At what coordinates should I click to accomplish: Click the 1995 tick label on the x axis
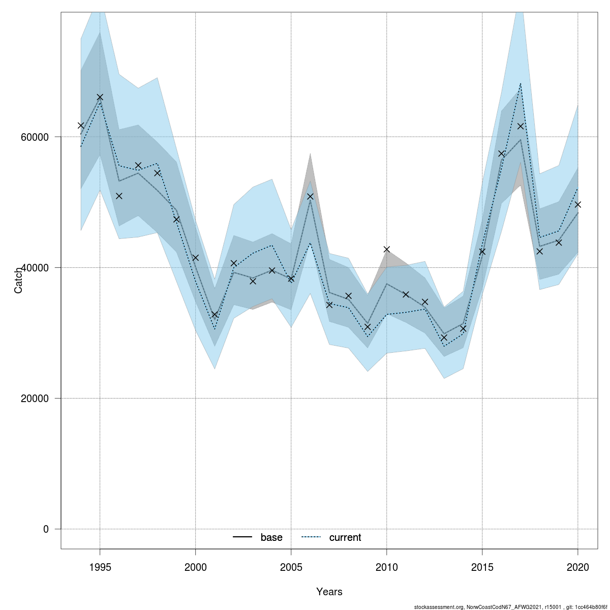click(x=100, y=567)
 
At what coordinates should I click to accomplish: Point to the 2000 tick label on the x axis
click(x=195, y=567)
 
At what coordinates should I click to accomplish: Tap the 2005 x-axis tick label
click(x=291, y=567)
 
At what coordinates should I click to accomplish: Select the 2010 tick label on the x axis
click(x=386, y=567)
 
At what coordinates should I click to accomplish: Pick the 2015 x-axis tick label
click(x=482, y=567)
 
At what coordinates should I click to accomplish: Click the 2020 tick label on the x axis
click(x=577, y=567)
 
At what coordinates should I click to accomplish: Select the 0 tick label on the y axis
click(x=46, y=529)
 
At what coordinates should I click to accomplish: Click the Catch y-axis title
click(x=18, y=280)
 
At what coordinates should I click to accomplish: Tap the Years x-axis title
click(x=329, y=592)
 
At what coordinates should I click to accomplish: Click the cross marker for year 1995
click(x=100, y=97)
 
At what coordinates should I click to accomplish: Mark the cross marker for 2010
click(x=386, y=249)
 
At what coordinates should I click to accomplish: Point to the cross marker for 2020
click(x=577, y=204)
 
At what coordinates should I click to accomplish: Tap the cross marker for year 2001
click(x=215, y=315)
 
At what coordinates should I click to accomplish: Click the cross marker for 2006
click(x=310, y=196)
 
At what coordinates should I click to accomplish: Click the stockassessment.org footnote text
click(x=511, y=607)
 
